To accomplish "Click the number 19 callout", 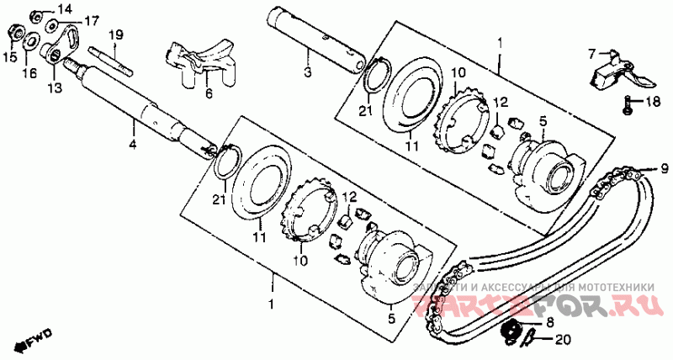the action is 115,34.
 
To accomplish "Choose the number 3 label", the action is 308,73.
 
